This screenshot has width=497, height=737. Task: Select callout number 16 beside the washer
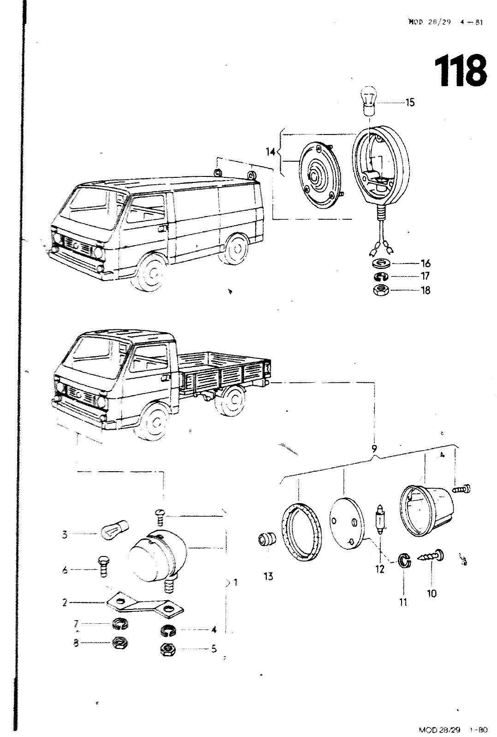(425, 263)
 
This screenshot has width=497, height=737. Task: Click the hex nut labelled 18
(381, 290)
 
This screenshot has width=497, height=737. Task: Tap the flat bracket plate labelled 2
(144, 605)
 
